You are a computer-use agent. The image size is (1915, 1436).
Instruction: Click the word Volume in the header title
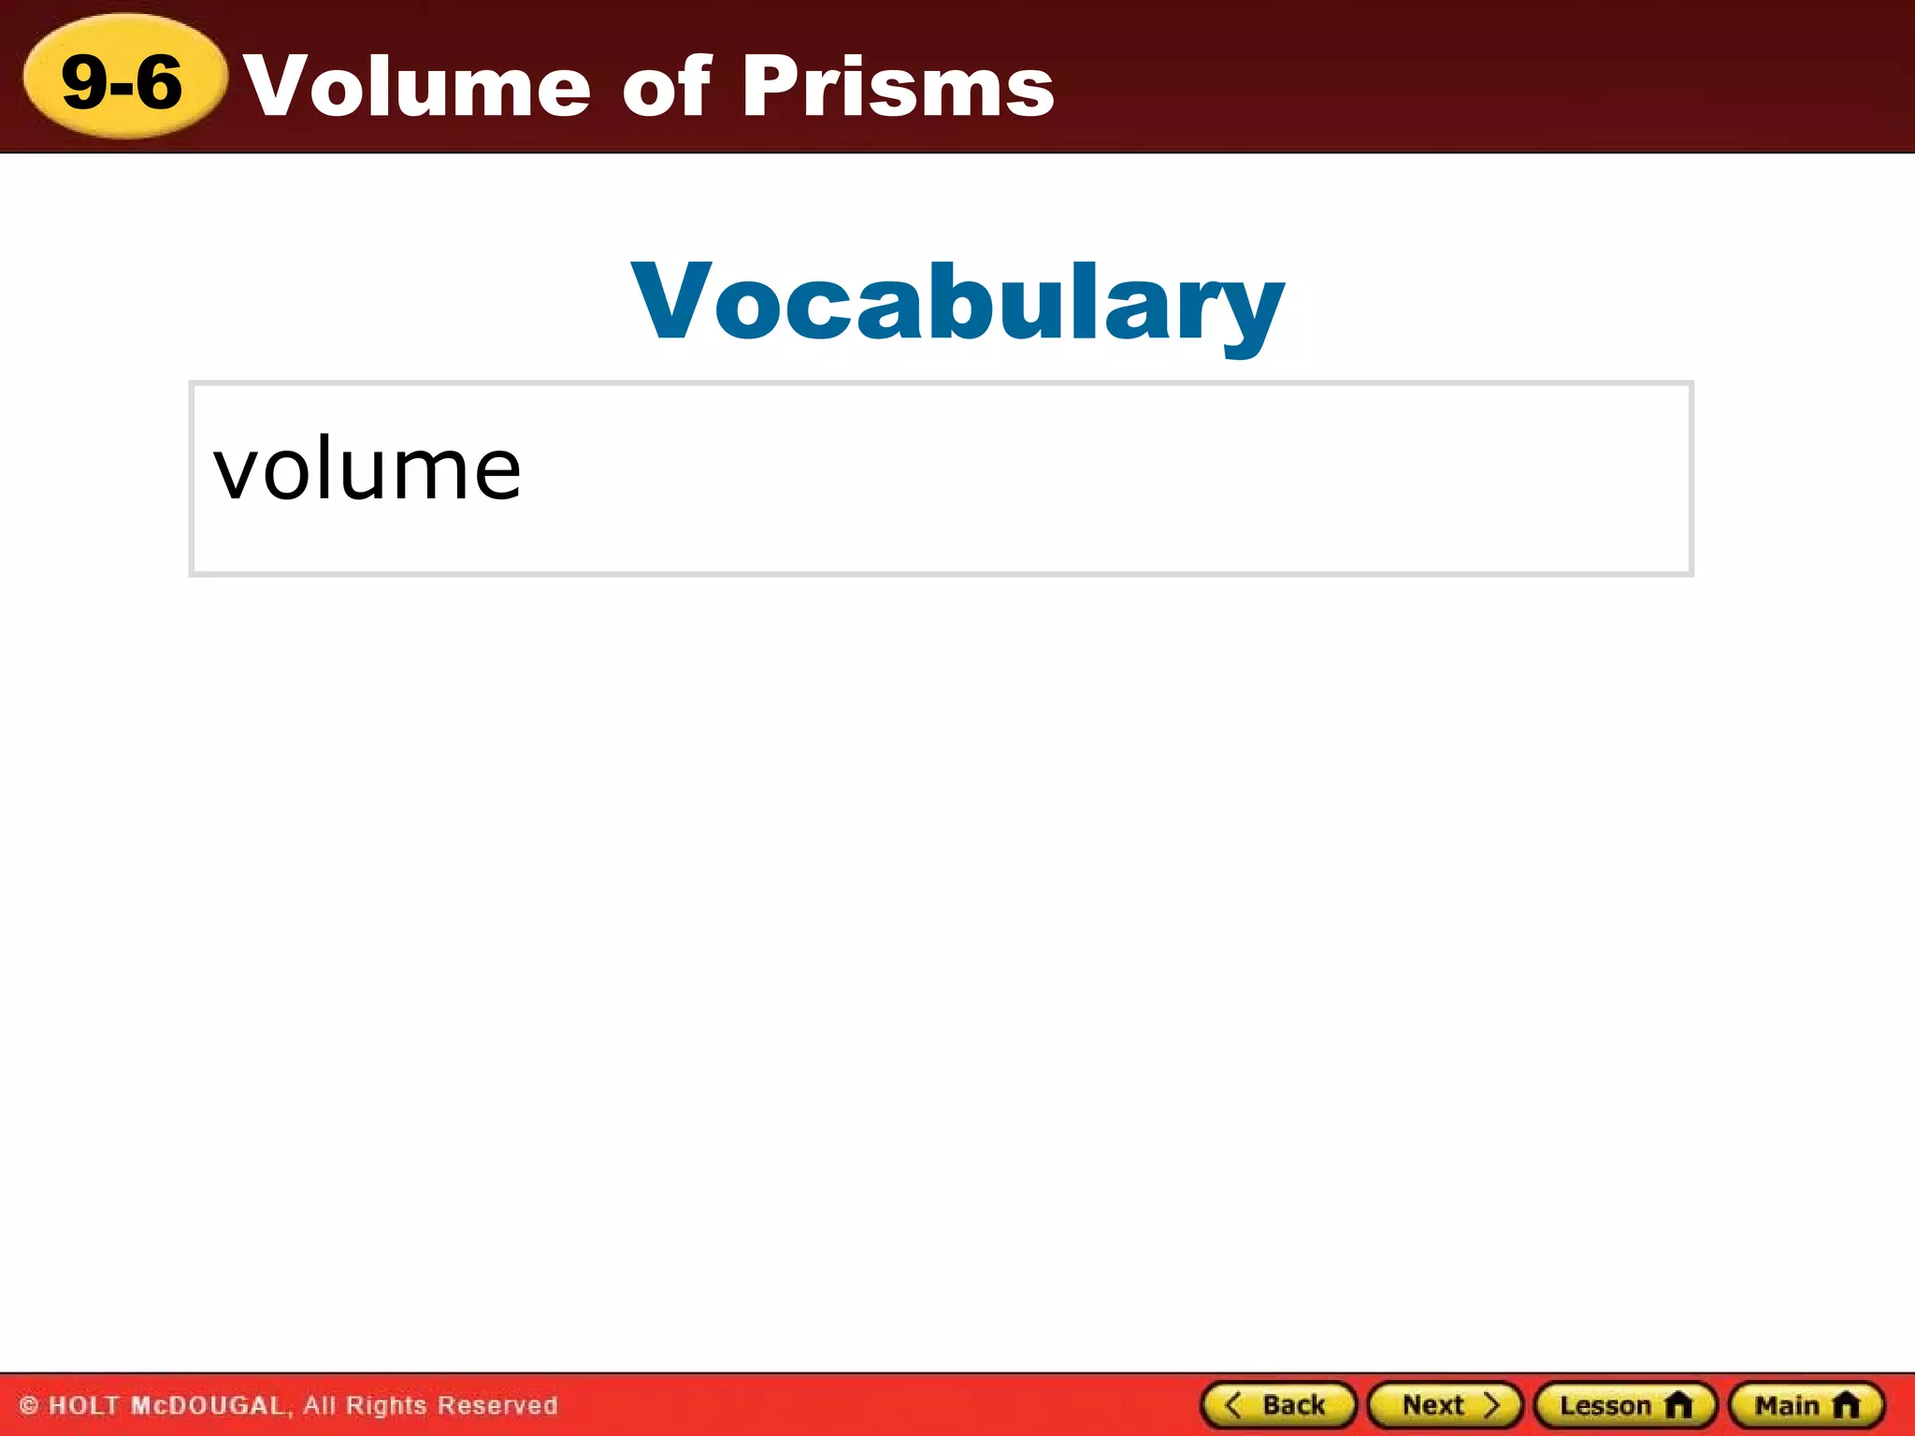point(417,86)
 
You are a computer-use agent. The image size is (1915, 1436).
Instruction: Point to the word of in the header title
point(667,86)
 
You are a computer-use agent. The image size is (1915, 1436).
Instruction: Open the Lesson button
point(1625,1405)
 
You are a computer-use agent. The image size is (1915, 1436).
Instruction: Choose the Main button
point(1806,1405)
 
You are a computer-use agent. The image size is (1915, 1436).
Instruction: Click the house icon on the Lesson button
point(1678,1405)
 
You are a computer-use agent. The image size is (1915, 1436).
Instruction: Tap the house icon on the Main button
point(1846,1405)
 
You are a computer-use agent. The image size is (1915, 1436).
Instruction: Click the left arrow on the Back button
point(1233,1405)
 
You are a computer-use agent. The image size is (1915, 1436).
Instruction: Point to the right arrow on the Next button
point(1491,1405)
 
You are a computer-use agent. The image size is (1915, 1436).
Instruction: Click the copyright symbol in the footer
point(29,1406)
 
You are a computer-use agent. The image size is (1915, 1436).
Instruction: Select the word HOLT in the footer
point(84,1406)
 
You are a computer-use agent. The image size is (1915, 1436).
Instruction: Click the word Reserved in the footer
point(497,1406)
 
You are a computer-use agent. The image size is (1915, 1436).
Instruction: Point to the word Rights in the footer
point(387,1406)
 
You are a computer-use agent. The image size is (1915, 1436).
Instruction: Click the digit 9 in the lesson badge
point(84,81)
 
